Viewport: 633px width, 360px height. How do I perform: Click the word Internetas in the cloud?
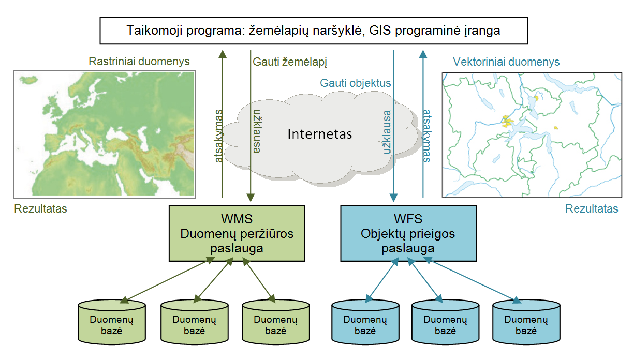click(x=320, y=134)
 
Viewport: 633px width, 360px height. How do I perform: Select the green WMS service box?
click(x=237, y=233)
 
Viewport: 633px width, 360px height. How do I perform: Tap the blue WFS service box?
click(x=408, y=233)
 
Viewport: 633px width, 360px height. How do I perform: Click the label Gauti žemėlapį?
click(x=290, y=62)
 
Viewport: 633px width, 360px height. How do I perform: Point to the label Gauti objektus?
click(x=355, y=83)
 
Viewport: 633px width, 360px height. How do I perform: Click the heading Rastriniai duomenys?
click(x=139, y=61)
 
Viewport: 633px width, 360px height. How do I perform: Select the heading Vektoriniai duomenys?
click(x=506, y=62)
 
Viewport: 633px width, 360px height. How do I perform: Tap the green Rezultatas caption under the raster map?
click(x=40, y=208)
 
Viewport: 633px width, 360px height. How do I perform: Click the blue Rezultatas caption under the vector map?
click(x=592, y=208)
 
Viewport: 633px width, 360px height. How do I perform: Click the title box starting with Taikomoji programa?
click(x=314, y=31)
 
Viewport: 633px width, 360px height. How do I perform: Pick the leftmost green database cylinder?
click(x=112, y=322)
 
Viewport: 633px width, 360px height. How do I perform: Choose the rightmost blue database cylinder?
click(x=526, y=322)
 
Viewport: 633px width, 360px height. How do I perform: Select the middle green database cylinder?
click(x=195, y=322)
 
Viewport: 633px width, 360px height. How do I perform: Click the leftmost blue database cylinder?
click(x=365, y=322)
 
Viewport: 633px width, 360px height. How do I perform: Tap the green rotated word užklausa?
click(x=257, y=131)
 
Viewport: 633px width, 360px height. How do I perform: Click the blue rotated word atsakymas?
click(x=426, y=136)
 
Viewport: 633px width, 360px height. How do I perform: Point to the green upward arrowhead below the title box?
click(x=223, y=54)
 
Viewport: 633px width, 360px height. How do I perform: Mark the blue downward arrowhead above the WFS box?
click(x=394, y=198)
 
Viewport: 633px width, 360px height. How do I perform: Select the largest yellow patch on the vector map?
click(x=507, y=122)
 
